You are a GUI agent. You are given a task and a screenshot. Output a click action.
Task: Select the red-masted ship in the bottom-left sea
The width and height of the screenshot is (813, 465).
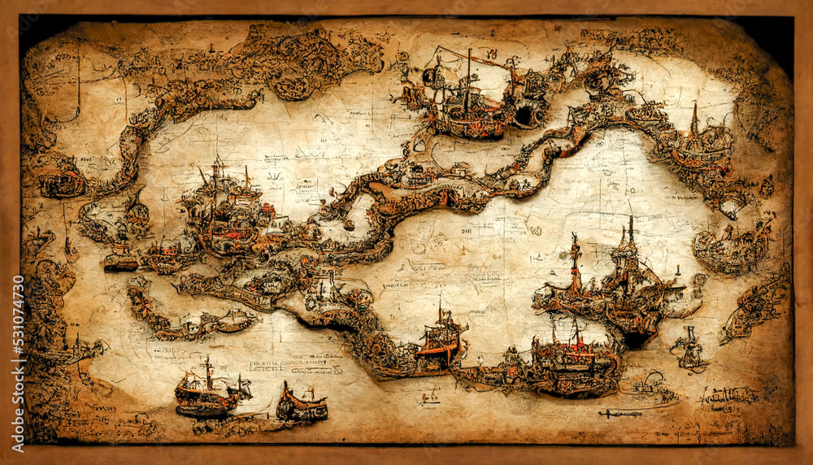pos(207,392)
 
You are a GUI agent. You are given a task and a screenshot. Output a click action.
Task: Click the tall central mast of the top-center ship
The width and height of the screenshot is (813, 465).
pos(467,81)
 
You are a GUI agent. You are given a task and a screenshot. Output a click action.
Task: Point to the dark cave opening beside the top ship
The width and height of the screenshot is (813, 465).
pos(525,115)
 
